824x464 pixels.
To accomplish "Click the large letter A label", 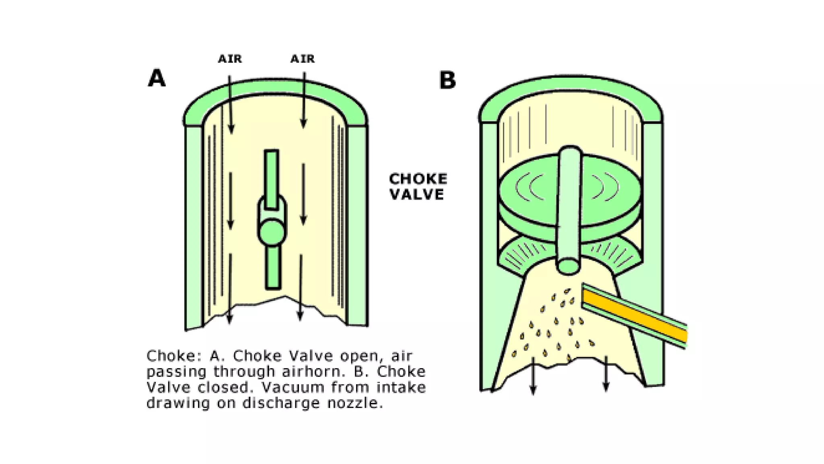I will tap(157, 78).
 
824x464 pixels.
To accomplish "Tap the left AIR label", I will tap(230, 59).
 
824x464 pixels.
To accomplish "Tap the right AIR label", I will tap(303, 59).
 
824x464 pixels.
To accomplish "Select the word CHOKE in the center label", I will tap(418, 179).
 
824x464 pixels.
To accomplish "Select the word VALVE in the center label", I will tap(417, 194).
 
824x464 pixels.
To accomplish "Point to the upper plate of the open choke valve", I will tap(272, 179).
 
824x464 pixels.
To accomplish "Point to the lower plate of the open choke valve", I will tap(273, 267).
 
